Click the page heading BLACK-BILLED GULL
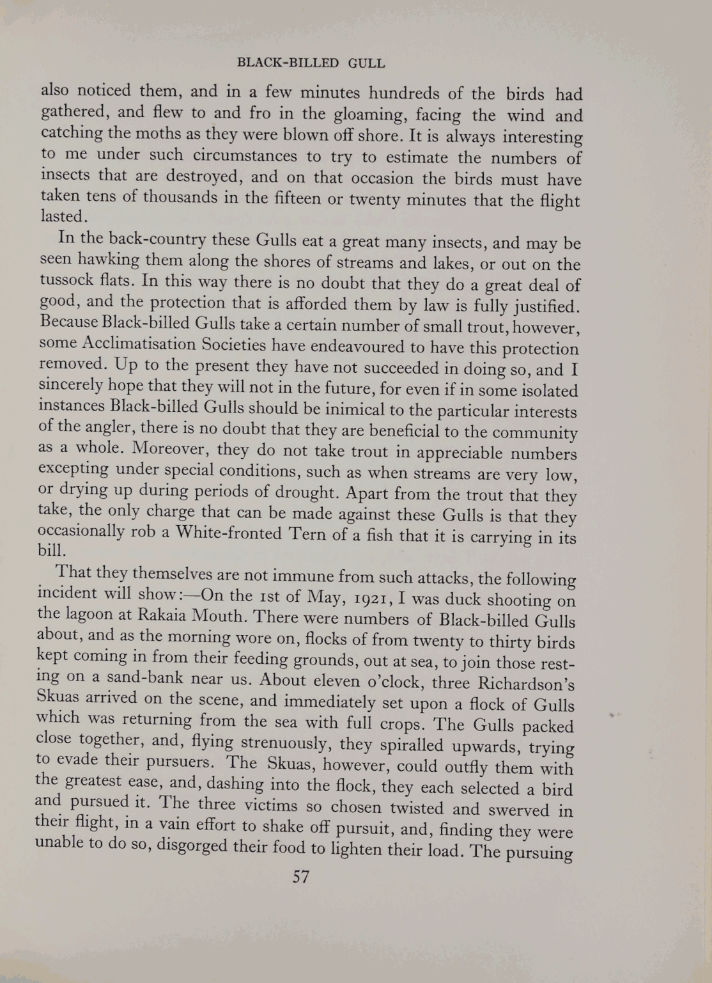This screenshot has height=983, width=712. coord(311,63)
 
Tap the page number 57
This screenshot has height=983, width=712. coord(301,877)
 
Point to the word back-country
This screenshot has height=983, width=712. coord(157,240)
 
